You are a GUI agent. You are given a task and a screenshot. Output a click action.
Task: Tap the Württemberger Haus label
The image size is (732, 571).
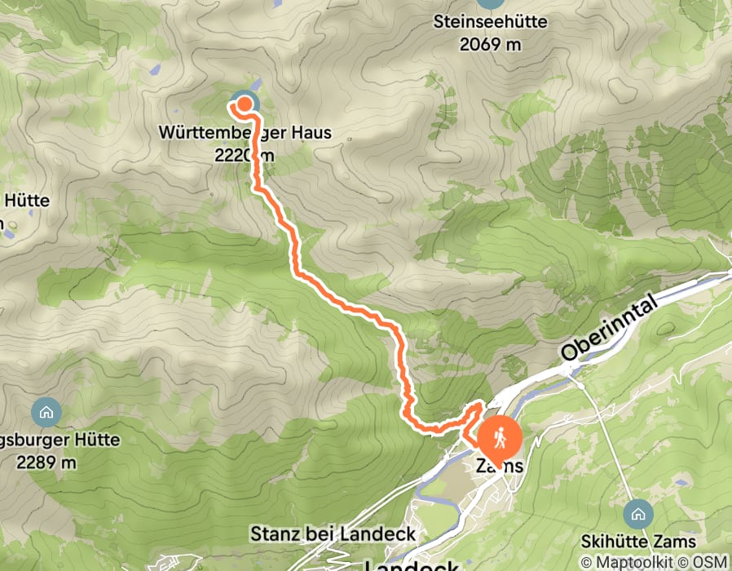(x=245, y=132)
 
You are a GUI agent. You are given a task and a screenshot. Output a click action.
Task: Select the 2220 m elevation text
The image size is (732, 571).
(x=245, y=154)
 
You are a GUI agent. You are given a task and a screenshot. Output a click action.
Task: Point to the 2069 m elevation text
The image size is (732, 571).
(x=489, y=45)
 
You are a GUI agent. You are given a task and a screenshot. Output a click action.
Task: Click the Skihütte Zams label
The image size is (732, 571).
(x=638, y=542)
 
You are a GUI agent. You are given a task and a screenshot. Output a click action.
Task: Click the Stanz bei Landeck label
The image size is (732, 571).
(x=332, y=534)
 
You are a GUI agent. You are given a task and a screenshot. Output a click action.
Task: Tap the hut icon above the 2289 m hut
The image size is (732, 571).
(x=46, y=412)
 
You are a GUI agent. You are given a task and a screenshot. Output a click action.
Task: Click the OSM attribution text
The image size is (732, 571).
(x=710, y=562)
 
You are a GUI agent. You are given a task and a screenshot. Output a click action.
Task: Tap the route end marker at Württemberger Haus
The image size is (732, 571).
(x=242, y=104)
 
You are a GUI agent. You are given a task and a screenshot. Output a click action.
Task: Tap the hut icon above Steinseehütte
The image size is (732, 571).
(x=489, y=2)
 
